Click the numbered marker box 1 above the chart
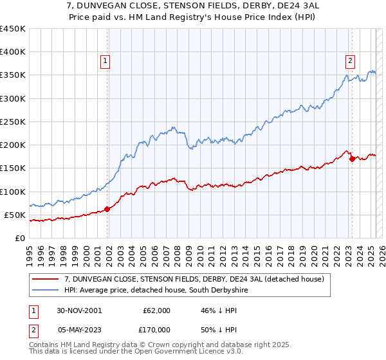pos(105,62)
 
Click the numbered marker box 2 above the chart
pos(350,62)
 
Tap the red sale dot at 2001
pos(107,209)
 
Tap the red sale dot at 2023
pos(352,159)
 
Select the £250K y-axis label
pos(13,122)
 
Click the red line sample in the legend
pos(46,278)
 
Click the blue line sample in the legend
pos(46,291)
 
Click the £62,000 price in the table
pos(157,310)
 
